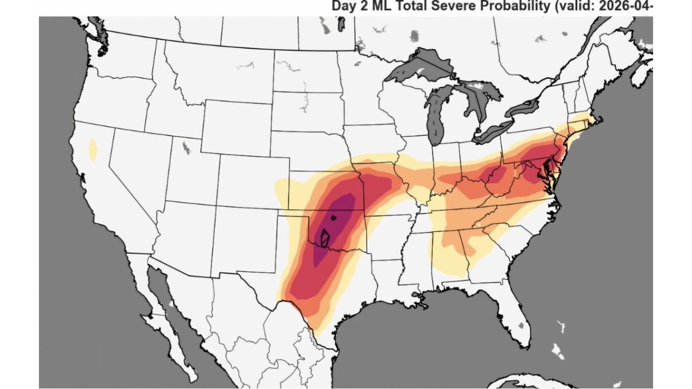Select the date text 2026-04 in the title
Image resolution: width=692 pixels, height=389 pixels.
630,6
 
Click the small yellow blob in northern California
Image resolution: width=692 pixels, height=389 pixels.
93,150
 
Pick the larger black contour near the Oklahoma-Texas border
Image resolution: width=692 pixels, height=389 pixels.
325,238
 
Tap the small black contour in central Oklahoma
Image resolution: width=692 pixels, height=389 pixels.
334,218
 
